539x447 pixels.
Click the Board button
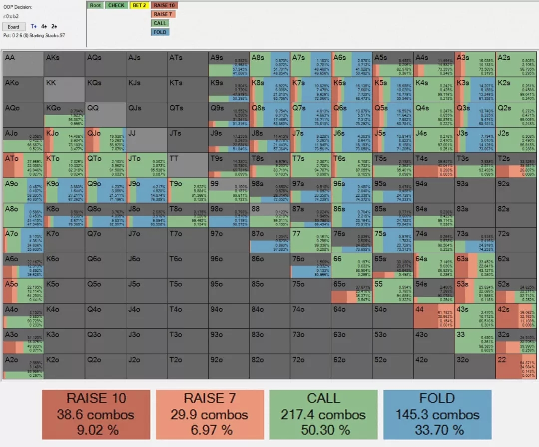[x=13, y=27]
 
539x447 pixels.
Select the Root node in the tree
[x=95, y=5]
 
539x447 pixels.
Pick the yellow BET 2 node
[x=138, y=5]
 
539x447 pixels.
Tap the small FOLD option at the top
[x=160, y=32]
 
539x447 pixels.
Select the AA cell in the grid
[x=23, y=64]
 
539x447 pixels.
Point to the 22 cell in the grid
[x=516, y=366]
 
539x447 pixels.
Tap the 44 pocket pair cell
[x=434, y=316]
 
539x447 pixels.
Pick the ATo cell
[x=23, y=165]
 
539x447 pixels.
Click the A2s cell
[x=516, y=64]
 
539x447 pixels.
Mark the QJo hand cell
[x=105, y=140]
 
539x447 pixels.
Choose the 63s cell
[x=475, y=265]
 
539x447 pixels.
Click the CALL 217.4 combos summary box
[x=323, y=414]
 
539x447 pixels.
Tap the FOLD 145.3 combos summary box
[x=437, y=414]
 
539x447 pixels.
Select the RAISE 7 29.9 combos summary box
[x=210, y=414]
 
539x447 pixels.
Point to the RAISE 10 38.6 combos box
[x=96, y=414]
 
